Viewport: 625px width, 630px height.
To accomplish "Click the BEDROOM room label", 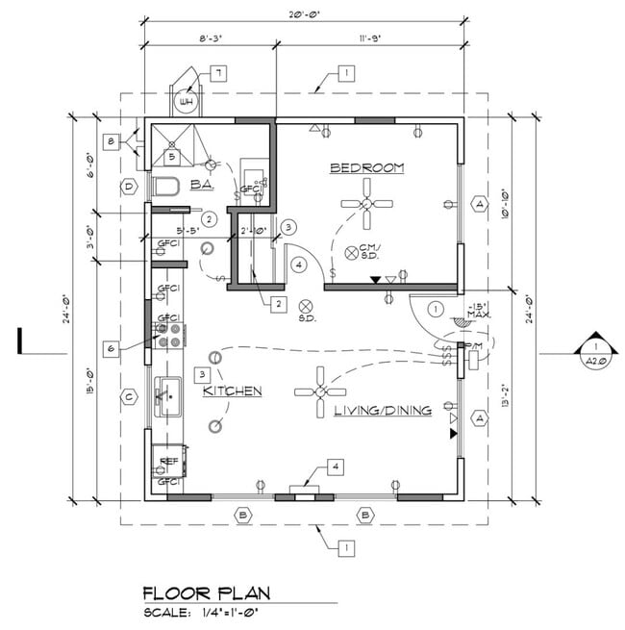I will coord(366,168).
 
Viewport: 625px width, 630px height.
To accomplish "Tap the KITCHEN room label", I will coord(233,391).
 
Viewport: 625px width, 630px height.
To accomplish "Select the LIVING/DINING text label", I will coord(382,411).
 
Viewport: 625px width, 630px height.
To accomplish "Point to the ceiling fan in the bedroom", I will coord(365,204).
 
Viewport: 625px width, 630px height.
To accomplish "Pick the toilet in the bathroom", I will coord(164,185).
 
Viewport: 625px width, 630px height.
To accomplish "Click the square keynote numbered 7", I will coord(218,73).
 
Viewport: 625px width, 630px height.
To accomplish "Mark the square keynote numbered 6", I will coord(112,347).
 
